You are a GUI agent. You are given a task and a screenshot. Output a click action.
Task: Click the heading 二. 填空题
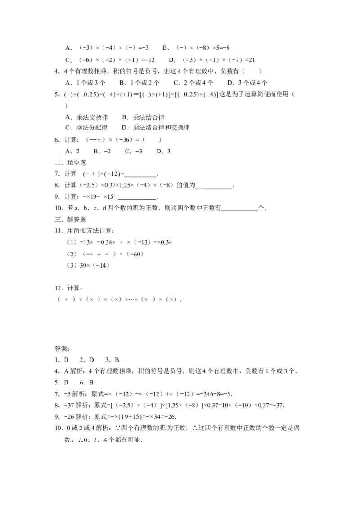[x=70, y=163]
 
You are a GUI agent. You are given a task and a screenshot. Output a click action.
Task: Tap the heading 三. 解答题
[x=70, y=219]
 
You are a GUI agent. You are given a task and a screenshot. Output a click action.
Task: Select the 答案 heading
[x=62, y=348]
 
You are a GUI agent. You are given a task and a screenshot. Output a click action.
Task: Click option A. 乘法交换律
[x=86, y=117]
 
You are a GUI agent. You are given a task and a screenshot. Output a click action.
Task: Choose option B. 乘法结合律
[x=143, y=117]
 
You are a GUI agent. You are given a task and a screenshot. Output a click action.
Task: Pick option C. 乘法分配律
[x=86, y=128]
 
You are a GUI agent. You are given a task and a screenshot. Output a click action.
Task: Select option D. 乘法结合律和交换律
[x=156, y=128]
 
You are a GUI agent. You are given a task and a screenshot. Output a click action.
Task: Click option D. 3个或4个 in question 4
[x=247, y=83]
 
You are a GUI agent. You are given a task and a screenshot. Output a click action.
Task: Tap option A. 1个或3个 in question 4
[x=85, y=83]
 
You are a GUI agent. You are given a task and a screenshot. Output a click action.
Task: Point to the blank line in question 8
[x=214, y=188]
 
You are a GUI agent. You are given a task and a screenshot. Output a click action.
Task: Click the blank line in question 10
[x=239, y=211]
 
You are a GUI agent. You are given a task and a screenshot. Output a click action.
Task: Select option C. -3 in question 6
[x=134, y=151]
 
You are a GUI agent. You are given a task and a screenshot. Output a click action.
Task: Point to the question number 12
[x=58, y=288]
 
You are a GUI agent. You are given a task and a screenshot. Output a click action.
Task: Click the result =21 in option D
[x=250, y=60]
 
